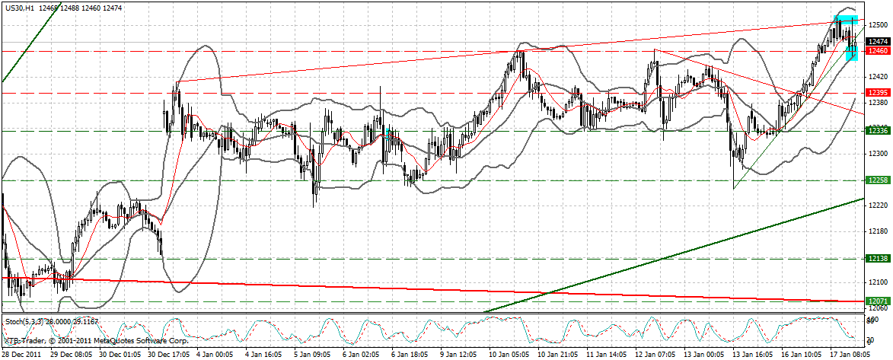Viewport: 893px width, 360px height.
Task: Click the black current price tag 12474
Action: pos(878,42)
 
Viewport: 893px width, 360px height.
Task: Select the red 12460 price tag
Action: pos(878,51)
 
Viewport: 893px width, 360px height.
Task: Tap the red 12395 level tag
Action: pos(878,93)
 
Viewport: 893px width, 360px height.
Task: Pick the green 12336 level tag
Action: pos(878,131)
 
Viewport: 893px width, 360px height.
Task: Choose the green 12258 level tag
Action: pos(878,180)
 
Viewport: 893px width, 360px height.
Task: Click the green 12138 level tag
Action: pos(878,259)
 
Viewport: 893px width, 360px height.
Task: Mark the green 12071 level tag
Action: pos(878,301)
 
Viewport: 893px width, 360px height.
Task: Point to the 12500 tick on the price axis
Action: pos(878,24)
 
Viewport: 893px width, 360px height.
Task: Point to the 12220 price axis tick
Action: pos(878,205)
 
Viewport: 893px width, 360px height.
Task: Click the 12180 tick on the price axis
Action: pos(878,231)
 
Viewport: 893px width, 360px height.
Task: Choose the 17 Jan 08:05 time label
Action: pos(850,355)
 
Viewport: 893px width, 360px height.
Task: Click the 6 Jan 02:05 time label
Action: pos(365,355)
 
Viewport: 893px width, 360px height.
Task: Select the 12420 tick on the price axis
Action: pos(878,76)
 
